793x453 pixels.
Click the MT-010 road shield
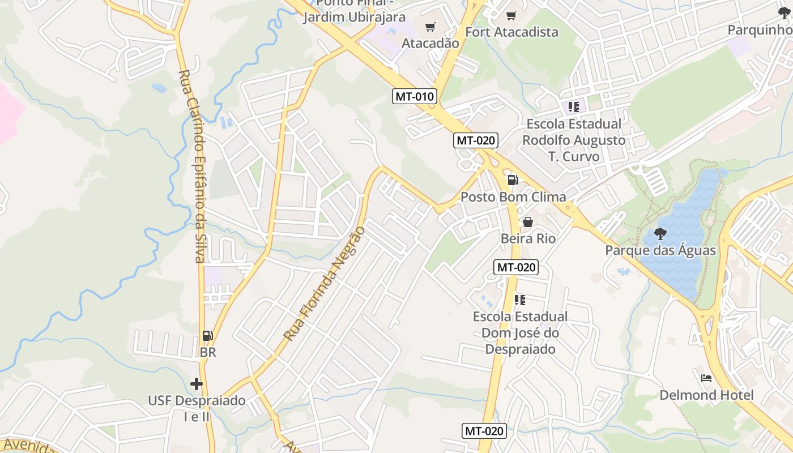tap(414, 96)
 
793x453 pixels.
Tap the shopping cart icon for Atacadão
tap(430, 27)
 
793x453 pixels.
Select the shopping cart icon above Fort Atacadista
tap(511, 15)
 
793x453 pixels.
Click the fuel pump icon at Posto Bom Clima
tap(513, 180)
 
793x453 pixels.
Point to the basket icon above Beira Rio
tap(528, 222)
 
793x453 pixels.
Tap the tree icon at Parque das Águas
tap(660, 233)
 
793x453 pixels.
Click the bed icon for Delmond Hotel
tap(706, 378)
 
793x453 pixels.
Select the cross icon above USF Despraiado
tap(197, 384)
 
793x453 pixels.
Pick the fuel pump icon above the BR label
tap(208, 336)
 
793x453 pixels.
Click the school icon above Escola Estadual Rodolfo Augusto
tap(573, 106)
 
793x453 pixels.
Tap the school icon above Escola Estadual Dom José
tap(520, 300)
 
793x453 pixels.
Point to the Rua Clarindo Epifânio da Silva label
tap(191, 166)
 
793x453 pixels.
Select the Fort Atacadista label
tap(511, 32)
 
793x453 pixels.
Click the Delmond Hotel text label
tap(706, 395)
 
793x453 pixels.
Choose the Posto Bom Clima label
tap(513, 197)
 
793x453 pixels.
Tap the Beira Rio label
tap(528, 238)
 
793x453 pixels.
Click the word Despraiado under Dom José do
tap(520, 349)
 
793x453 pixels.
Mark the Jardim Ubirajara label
tap(354, 17)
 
